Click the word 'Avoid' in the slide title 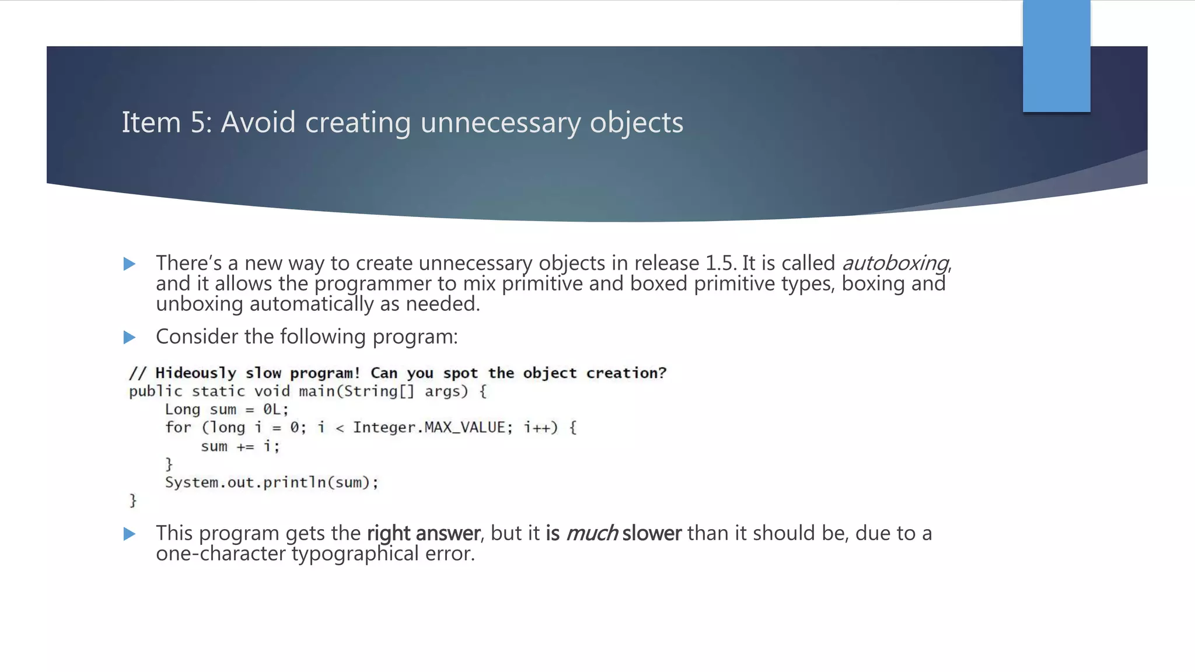[258, 123]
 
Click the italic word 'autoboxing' [896, 263]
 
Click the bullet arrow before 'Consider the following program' [130, 337]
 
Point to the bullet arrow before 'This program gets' [130, 534]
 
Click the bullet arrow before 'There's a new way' [130, 264]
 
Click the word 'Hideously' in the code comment [195, 373]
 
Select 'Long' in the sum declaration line [182, 409]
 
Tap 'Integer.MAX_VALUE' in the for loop [429, 428]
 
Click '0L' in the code [272, 409]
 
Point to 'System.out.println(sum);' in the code [271, 482]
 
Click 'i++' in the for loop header [536, 428]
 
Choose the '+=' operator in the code [245, 447]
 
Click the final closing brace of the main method [133, 501]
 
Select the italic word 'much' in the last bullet [591, 533]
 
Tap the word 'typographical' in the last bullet [355, 554]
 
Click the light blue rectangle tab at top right [1056, 56]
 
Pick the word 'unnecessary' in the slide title [501, 123]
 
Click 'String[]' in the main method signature [379, 391]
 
